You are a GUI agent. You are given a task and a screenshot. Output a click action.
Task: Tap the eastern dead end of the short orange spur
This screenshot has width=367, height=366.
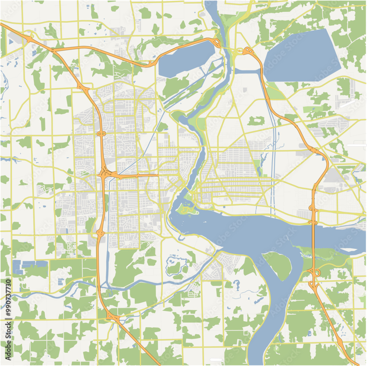click(x=158, y=175)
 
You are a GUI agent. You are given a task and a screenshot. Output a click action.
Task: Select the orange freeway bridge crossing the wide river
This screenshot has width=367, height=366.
click(x=314, y=234)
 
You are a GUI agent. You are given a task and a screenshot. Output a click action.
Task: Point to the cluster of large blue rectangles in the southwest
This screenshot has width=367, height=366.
click(x=29, y=265)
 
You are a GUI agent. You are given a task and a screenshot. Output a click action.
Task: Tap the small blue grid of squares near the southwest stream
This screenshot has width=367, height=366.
click(x=61, y=282)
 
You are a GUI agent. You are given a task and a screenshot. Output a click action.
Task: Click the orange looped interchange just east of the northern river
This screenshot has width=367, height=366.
click(x=247, y=51)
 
